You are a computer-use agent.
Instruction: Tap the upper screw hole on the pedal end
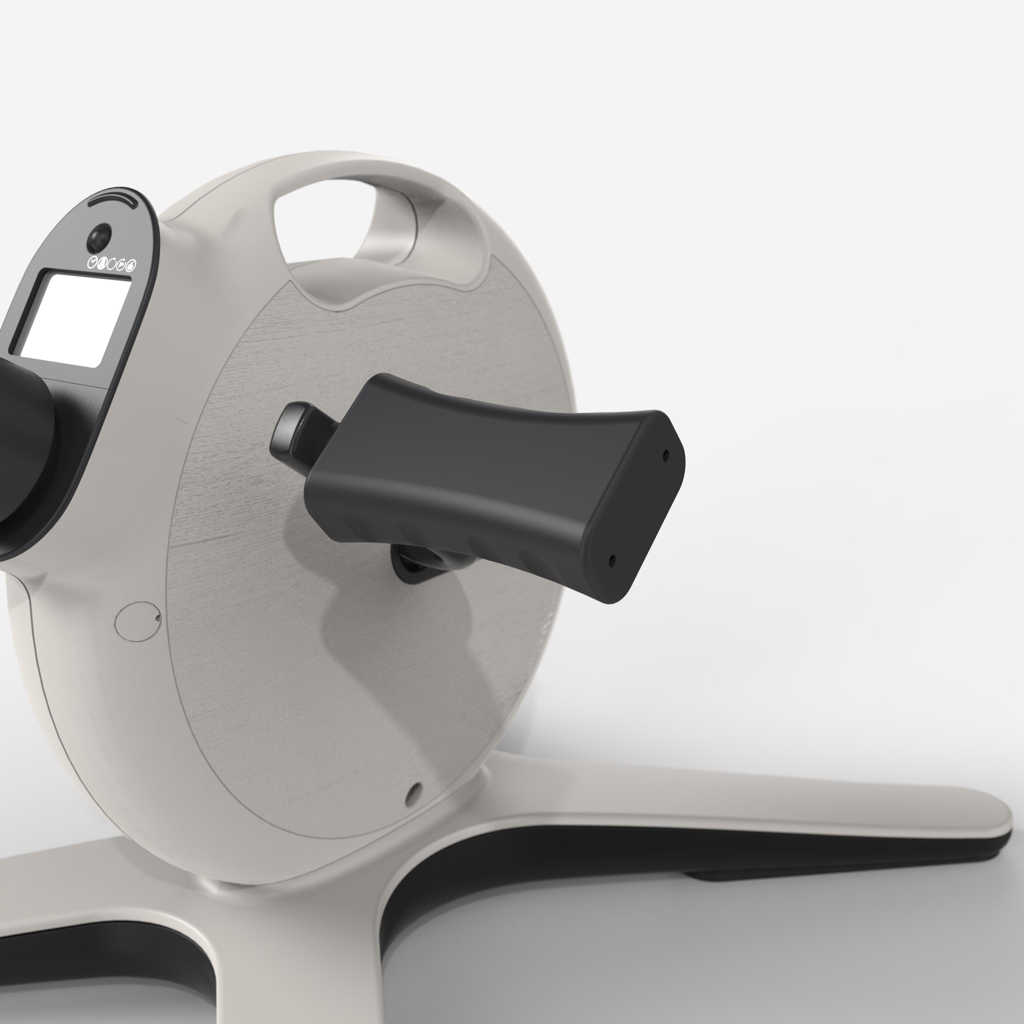pos(666,455)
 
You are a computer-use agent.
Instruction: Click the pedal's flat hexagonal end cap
pos(636,509)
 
